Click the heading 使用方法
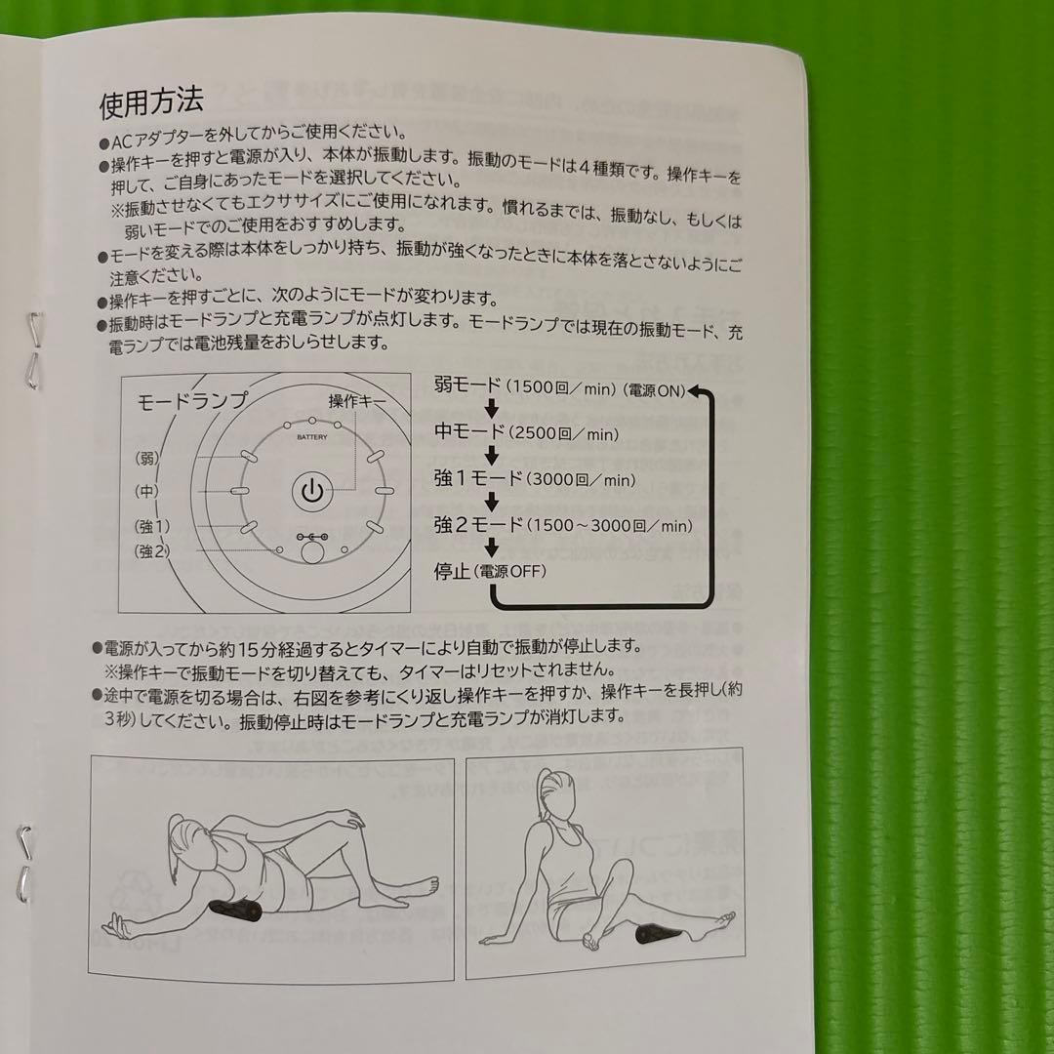(151, 101)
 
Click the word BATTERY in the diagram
(312, 438)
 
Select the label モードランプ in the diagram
(192, 401)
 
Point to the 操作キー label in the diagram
(357, 401)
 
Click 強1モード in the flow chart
(479, 478)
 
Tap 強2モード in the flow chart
(479, 524)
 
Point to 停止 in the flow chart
(453, 571)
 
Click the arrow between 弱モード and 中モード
(492, 408)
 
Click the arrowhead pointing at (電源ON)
(694, 390)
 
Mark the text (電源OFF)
(510, 572)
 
